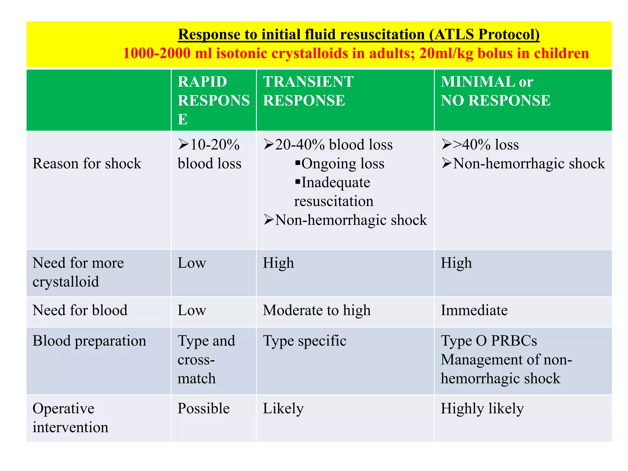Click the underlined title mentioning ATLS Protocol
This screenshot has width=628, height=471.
point(358,34)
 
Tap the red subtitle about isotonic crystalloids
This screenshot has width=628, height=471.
point(356,53)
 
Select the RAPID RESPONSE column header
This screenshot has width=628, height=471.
point(213,100)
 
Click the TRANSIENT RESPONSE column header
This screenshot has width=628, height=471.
point(308,91)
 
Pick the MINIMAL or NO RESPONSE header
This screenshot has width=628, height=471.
point(495,91)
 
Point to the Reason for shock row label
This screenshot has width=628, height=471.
point(87,163)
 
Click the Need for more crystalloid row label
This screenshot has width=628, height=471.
point(78,272)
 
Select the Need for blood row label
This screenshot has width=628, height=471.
point(80,310)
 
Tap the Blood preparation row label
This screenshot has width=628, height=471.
point(89,341)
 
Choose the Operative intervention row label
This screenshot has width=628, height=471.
point(70,418)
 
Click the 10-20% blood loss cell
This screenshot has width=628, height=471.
point(209,154)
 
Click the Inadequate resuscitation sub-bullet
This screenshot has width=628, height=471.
point(334,192)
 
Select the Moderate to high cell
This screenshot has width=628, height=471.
point(317,310)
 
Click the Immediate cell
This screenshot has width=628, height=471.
point(474,310)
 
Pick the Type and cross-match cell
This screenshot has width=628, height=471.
point(206,359)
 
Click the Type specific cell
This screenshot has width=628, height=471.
point(304,341)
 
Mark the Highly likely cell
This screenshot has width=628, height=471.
point(482,409)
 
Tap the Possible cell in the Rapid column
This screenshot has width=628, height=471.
point(203,409)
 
